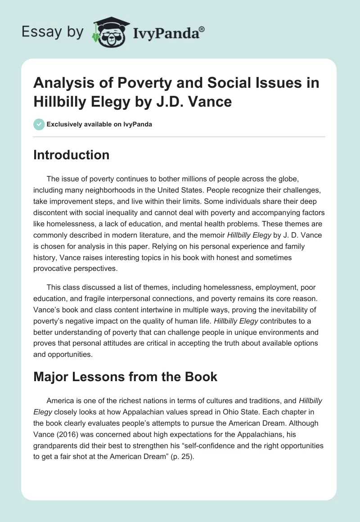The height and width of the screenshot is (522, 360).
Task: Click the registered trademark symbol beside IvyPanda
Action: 202,29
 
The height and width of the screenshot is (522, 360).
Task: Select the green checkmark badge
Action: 39,124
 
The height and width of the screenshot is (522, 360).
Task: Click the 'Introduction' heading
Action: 72,155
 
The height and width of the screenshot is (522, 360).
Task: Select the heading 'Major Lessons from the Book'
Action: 125,377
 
